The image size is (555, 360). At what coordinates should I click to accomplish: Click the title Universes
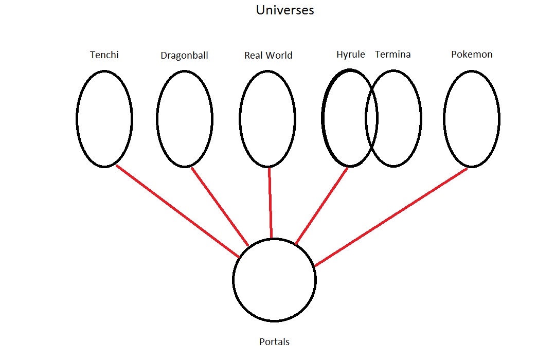285,10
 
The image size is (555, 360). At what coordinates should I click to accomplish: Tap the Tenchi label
104,55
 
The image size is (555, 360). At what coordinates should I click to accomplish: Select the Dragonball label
184,56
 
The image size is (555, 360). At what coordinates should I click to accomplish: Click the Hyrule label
350,55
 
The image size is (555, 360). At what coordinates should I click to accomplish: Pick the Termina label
392,55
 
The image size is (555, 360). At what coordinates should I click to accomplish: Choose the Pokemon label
472,55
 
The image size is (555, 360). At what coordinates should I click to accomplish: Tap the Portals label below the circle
274,341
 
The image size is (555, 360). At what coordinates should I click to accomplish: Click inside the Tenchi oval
104,119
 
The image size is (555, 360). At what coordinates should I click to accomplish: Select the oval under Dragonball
185,119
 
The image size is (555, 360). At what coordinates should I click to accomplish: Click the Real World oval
267,119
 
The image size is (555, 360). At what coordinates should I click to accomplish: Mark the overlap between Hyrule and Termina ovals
371,119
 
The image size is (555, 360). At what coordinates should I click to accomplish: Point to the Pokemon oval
472,119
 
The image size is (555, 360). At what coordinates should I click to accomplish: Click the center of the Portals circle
274,280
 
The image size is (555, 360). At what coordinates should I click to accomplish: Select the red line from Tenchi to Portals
177,211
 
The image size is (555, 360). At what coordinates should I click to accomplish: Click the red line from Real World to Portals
270,203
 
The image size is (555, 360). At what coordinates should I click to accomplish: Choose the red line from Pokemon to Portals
391,217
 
